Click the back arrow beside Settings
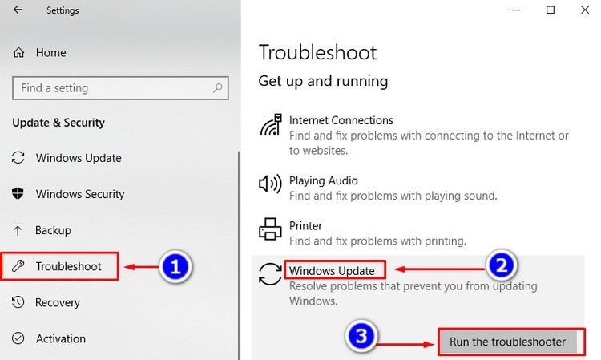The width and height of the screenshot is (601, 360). [x=18, y=10]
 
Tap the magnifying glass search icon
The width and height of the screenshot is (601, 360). [x=217, y=88]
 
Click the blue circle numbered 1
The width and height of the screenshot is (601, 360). [x=175, y=266]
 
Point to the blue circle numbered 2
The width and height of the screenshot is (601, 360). [x=502, y=265]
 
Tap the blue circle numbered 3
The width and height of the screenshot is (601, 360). [x=361, y=336]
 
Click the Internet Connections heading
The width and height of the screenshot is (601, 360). [x=341, y=120]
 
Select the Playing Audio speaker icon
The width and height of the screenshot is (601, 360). [x=270, y=184]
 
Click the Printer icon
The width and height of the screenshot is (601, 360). [x=270, y=229]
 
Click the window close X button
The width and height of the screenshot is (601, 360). [x=584, y=10]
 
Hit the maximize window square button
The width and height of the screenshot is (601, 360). [x=551, y=10]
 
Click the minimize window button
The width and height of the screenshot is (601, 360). [x=516, y=10]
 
